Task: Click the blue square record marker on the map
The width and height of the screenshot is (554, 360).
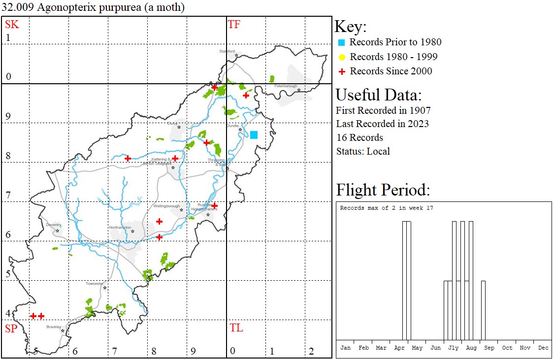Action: pyautogui.click(x=254, y=135)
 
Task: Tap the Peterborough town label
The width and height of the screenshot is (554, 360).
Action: pyautogui.click(x=286, y=86)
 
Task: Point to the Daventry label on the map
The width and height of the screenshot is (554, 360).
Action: pyautogui.click(x=53, y=225)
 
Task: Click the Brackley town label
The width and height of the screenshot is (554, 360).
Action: pyautogui.click(x=54, y=327)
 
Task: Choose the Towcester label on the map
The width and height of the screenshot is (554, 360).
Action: pyautogui.click(x=95, y=284)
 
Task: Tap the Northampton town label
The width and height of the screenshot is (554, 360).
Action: pyautogui.click(x=121, y=228)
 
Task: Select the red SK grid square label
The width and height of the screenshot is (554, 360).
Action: pyautogui.click(x=12, y=25)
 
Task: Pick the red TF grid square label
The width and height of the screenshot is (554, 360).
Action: pyautogui.click(x=234, y=25)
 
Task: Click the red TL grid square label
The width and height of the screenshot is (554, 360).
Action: pyautogui.click(x=236, y=328)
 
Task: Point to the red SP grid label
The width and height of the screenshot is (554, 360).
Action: pyautogui.click(x=11, y=328)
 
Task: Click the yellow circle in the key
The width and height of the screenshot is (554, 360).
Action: pyautogui.click(x=342, y=57)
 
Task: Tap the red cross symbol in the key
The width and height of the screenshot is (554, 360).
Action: pyautogui.click(x=342, y=71)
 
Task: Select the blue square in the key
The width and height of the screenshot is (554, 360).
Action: pyautogui.click(x=342, y=42)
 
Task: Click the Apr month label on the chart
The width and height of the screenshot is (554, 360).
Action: pyautogui.click(x=399, y=348)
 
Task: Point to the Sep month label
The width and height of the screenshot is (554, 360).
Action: pyautogui.click(x=489, y=348)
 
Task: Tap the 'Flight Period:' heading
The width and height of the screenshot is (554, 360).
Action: pyautogui.click(x=383, y=190)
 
